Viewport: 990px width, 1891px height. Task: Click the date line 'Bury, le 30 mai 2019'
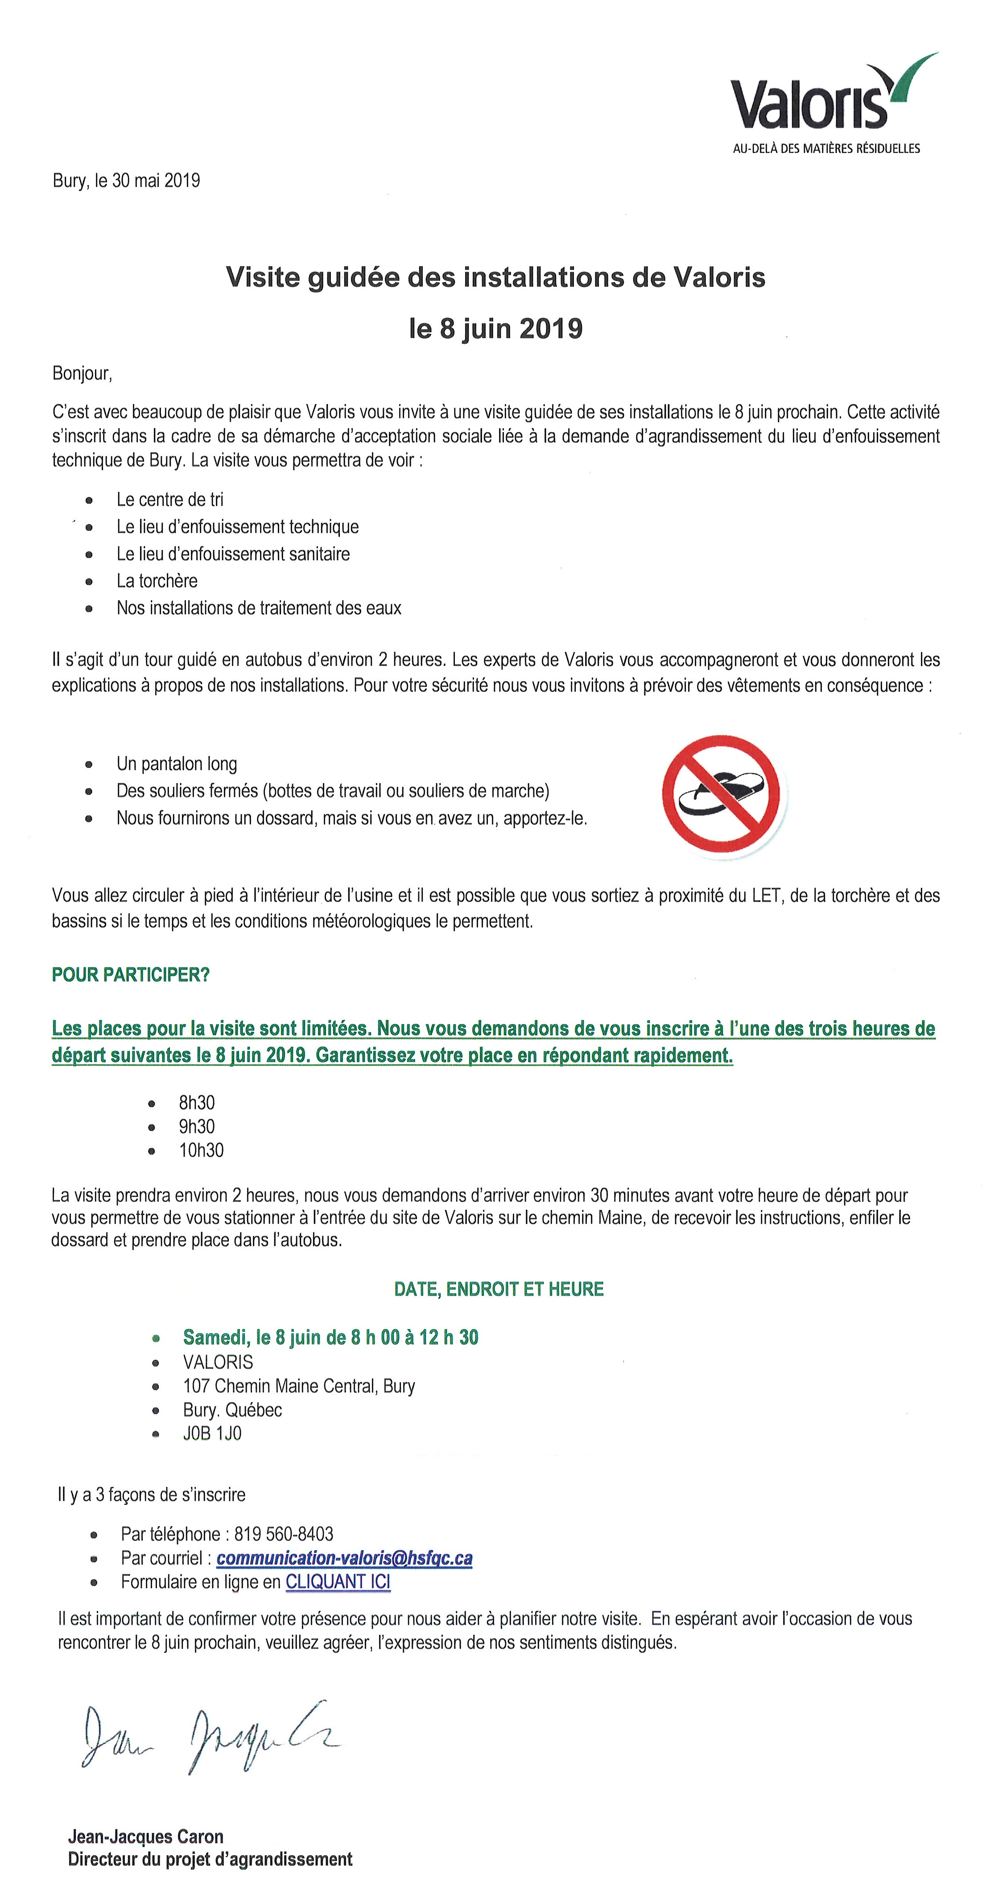(x=126, y=181)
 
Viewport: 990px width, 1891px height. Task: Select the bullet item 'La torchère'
(x=157, y=581)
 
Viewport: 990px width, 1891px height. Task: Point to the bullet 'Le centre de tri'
(x=169, y=500)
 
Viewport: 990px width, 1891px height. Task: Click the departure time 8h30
(x=197, y=1102)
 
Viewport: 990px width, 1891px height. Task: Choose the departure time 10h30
(x=201, y=1150)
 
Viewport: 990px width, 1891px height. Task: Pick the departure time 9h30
(x=197, y=1127)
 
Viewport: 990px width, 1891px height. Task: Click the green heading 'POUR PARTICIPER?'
(x=131, y=975)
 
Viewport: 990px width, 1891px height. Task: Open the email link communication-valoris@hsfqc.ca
(x=344, y=1558)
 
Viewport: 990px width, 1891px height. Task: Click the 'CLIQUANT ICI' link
(x=338, y=1582)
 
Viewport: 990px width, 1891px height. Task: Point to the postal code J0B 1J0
(x=212, y=1434)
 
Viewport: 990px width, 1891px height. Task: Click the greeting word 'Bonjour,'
(x=82, y=374)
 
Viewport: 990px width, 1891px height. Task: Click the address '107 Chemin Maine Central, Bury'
(x=299, y=1386)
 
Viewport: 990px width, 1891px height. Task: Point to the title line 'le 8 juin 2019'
(x=496, y=328)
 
